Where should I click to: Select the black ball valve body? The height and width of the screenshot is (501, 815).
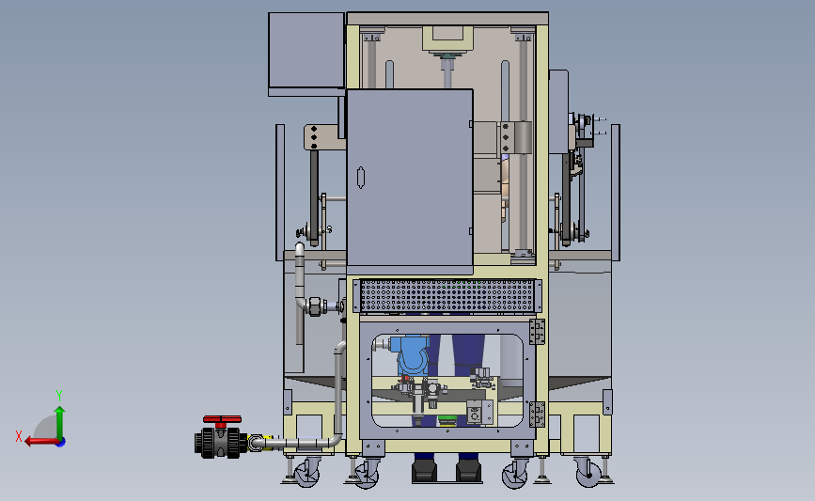click(221, 443)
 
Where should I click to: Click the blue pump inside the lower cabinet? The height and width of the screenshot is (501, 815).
click(411, 354)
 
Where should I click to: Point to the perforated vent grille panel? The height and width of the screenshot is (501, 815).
click(447, 295)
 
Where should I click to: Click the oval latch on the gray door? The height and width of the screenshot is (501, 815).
click(361, 178)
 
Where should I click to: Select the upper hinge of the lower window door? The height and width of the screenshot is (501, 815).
click(537, 332)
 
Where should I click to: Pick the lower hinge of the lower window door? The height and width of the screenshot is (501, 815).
click(537, 415)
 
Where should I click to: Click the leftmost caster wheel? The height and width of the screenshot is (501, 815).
click(306, 473)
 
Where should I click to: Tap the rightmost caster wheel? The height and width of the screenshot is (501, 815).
click(588, 473)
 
